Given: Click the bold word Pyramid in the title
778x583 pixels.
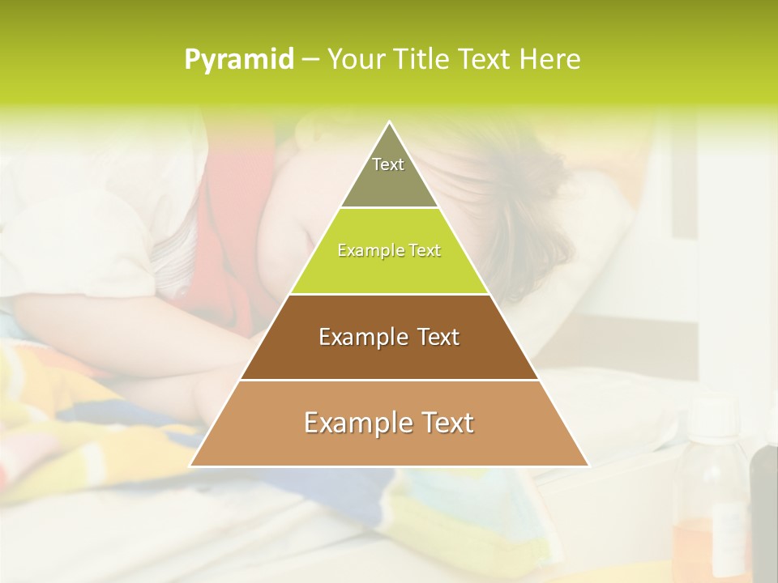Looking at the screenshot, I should coord(239,60).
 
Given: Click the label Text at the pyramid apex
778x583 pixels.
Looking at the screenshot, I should coord(388,164).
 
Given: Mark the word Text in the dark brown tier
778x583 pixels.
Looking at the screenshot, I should coord(439,337).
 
